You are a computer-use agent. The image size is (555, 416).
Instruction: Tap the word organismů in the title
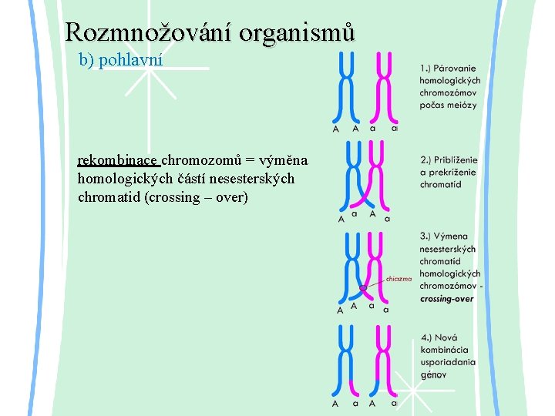(x=298, y=32)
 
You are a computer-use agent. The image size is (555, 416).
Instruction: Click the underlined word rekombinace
(x=118, y=160)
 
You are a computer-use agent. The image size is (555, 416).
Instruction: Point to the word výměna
(x=284, y=160)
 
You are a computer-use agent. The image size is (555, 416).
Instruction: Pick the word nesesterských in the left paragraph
(x=247, y=179)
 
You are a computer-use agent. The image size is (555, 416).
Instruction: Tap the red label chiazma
(x=399, y=279)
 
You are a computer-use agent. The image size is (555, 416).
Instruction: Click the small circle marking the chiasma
(x=362, y=289)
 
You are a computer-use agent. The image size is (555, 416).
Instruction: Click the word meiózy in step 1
(x=462, y=105)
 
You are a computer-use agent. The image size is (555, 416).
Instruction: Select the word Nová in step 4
(x=446, y=337)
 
